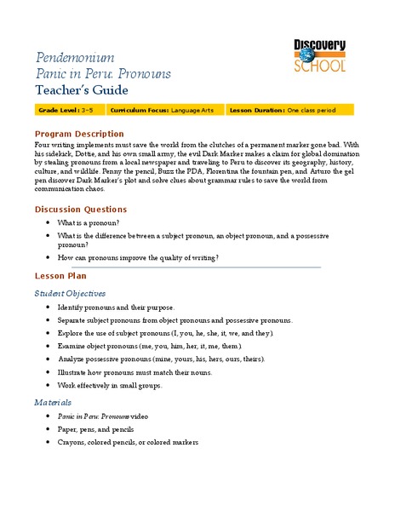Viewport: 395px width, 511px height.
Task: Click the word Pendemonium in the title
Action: coord(74,58)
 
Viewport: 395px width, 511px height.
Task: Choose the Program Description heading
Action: coord(79,135)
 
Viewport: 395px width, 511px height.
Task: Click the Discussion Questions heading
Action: coord(81,210)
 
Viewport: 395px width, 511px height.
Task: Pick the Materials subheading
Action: coord(53,401)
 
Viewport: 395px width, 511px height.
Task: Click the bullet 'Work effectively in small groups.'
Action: coord(109,385)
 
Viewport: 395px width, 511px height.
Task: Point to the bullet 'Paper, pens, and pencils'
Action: coord(101,429)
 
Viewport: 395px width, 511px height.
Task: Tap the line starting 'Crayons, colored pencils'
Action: coord(128,443)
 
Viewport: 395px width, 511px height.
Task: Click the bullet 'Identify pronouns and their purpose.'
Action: coord(116,307)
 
